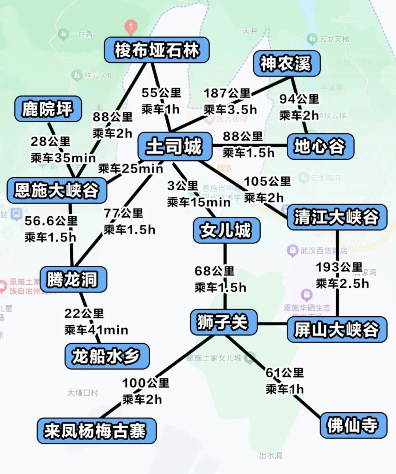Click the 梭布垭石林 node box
pyautogui.click(x=157, y=50)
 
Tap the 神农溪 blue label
pyautogui.click(x=286, y=64)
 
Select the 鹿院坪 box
pyautogui.click(x=48, y=109)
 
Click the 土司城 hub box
pyautogui.click(x=175, y=146)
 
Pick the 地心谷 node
pyautogui.click(x=320, y=146)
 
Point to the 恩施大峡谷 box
pyautogui.click(x=57, y=190)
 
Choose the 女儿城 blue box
pyautogui.click(x=226, y=230)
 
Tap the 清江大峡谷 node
pyautogui.click(x=337, y=217)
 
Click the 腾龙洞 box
pyautogui.click(x=73, y=279)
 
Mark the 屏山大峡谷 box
pyautogui.click(x=337, y=329)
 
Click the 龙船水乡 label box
pyautogui.click(x=107, y=356)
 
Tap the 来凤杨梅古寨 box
pyautogui.click(x=96, y=431)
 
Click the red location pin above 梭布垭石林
pyautogui.click(x=131, y=26)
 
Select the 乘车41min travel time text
pyautogui.click(x=96, y=330)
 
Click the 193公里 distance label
pyautogui.click(x=339, y=267)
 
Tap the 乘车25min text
pyautogui.click(x=130, y=169)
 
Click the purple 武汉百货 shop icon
pyautogui.click(x=292, y=251)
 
